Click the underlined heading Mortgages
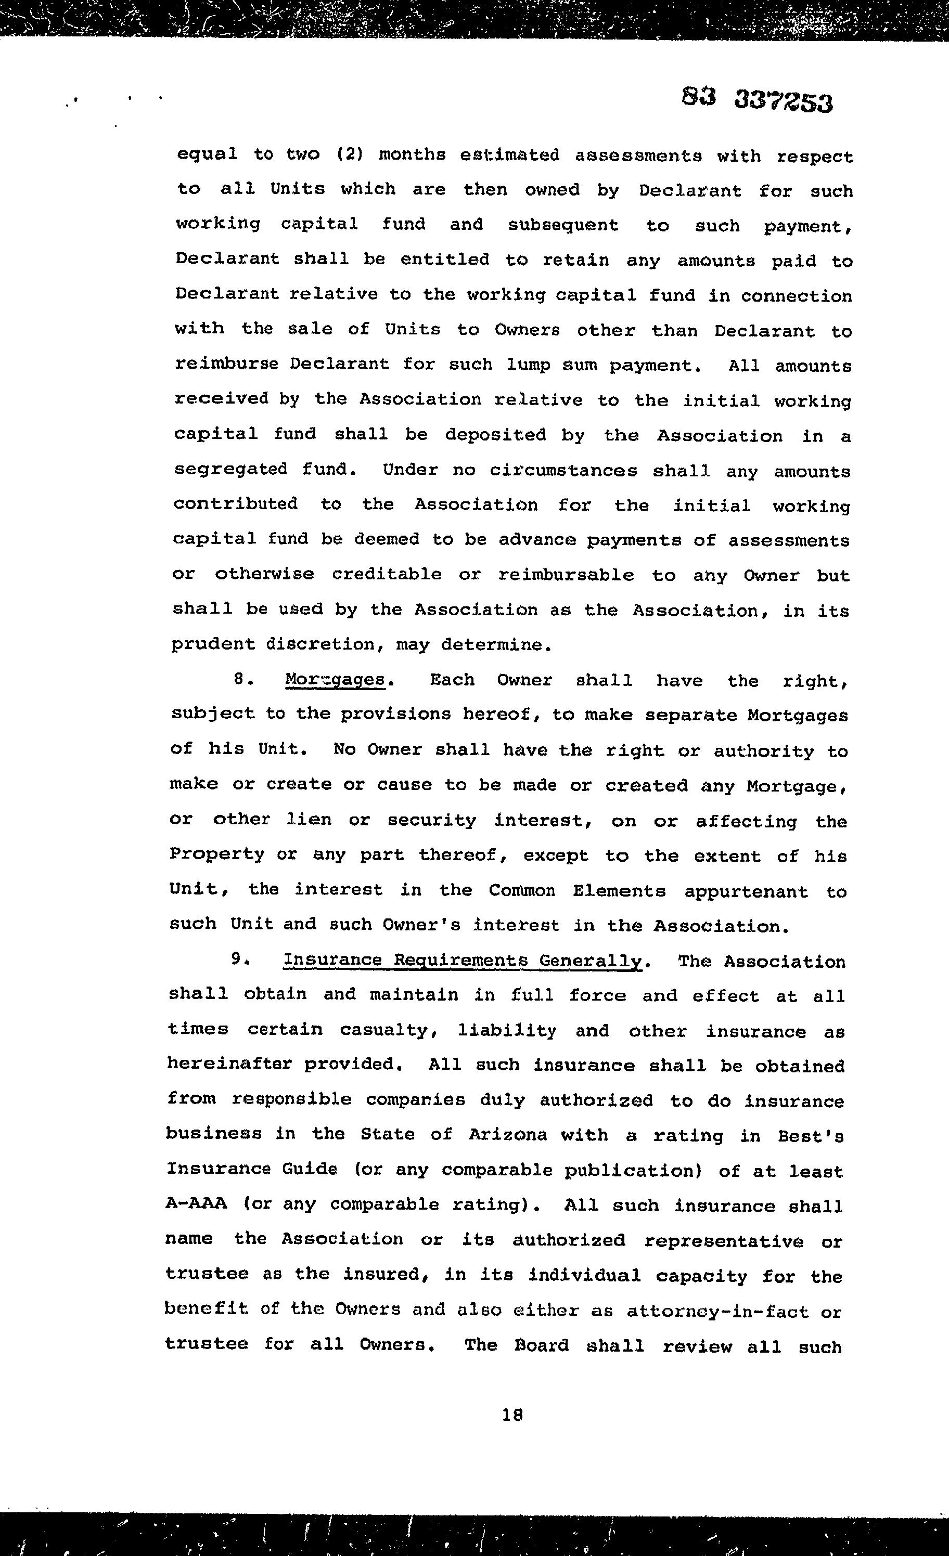point(335,680)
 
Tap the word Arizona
point(507,1135)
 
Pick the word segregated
point(230,470)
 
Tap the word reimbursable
point(566,575)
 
